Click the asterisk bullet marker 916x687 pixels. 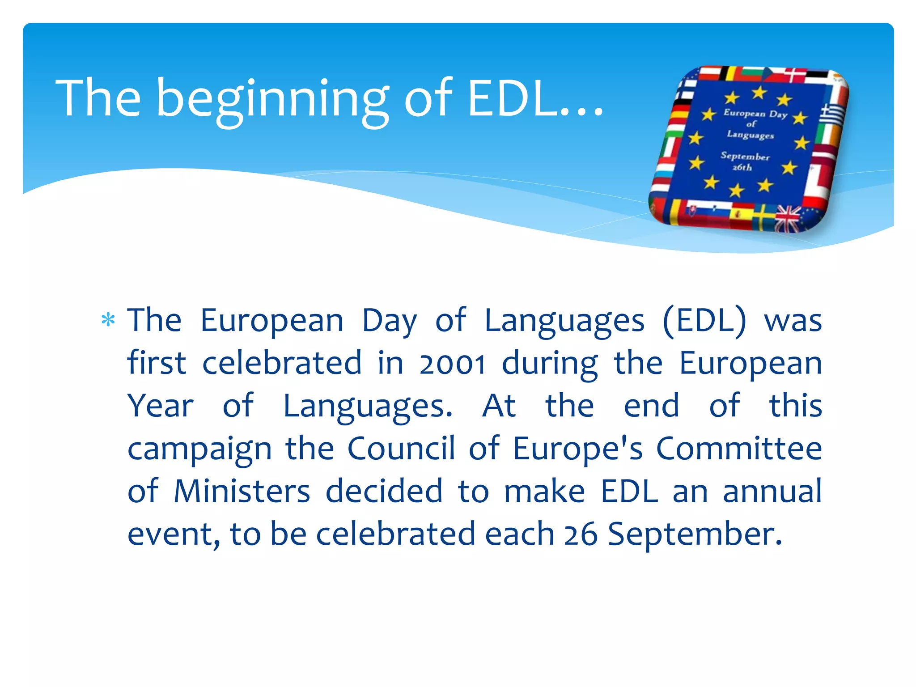(108, 320)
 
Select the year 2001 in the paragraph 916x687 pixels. (452, 364)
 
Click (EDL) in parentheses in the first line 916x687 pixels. (704, 321)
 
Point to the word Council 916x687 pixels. (401, 449)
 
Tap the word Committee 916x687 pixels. (739, 449)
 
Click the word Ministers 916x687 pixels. (242, 492)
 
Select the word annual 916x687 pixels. (772, 492)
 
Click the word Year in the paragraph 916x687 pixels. (160, 406)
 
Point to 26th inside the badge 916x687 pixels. (742, 168)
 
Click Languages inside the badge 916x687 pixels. (750, 134)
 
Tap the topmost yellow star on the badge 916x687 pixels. (759, 93)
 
